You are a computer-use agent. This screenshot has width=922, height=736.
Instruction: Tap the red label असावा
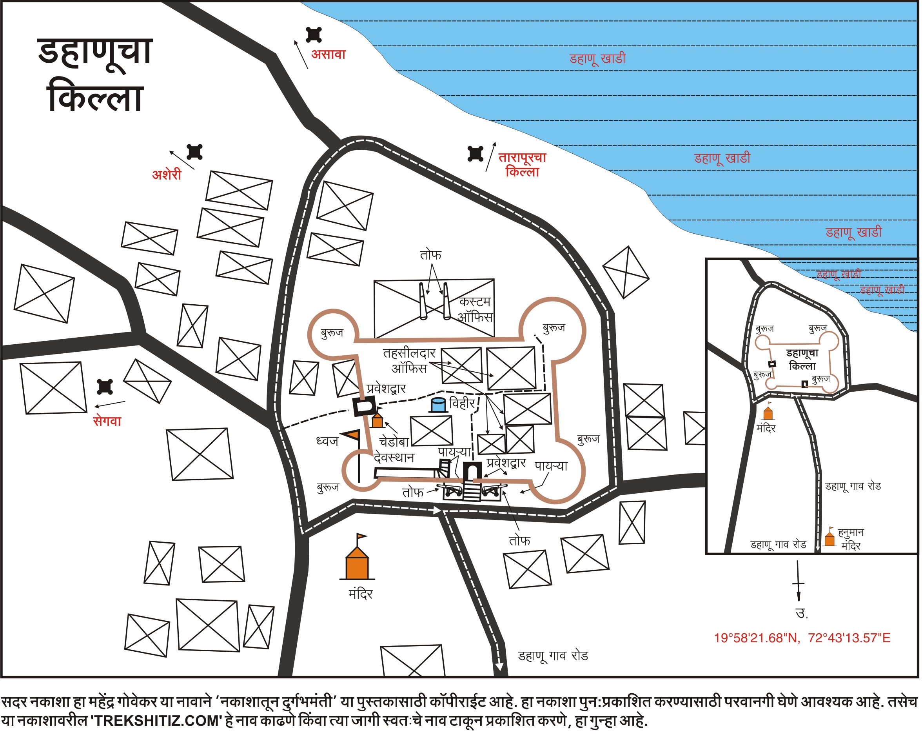[329, 55]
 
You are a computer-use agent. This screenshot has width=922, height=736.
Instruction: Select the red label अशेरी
[167, 175]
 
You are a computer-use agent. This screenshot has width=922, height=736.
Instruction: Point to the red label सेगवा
[107, 422]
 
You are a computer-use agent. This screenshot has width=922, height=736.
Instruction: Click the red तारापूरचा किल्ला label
[522, 165]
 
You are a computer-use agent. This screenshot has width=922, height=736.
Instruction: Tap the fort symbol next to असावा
[314, 35]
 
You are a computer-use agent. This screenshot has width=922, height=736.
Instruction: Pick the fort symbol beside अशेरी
[194, 152]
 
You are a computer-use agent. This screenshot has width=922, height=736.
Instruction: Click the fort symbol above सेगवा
[105, 387]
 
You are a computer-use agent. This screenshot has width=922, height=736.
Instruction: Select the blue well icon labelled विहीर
[438, 405]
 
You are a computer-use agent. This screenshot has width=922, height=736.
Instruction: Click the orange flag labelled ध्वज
[353, 435]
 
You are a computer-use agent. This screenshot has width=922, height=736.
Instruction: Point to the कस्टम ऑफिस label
[475, 309]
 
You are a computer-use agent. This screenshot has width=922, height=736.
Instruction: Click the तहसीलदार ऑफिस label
[409, 360]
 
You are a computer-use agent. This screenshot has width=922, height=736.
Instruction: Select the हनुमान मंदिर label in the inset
[851, 539]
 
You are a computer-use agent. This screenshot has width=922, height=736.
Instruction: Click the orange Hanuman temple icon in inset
[829, 538]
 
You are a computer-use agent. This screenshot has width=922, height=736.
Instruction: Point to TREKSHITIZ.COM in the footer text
[156, 721]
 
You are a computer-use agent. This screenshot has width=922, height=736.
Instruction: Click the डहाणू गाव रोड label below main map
[553, 656]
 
